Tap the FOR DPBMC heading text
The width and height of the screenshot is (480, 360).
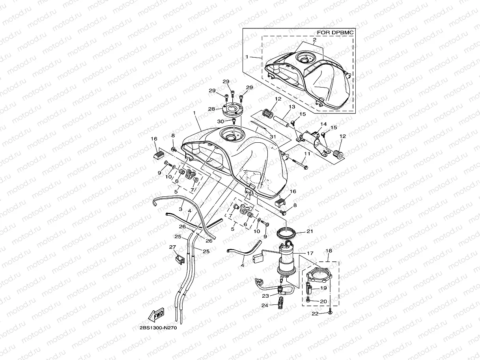(335, 32)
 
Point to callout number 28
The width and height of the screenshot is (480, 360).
(211, 108)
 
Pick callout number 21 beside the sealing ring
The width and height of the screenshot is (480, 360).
(310, 231)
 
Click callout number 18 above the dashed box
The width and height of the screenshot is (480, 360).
(328, 251)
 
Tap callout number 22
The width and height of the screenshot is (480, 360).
(314, 314)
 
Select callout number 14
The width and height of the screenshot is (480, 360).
(323, 124)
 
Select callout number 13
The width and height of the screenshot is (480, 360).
(292, 107)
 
